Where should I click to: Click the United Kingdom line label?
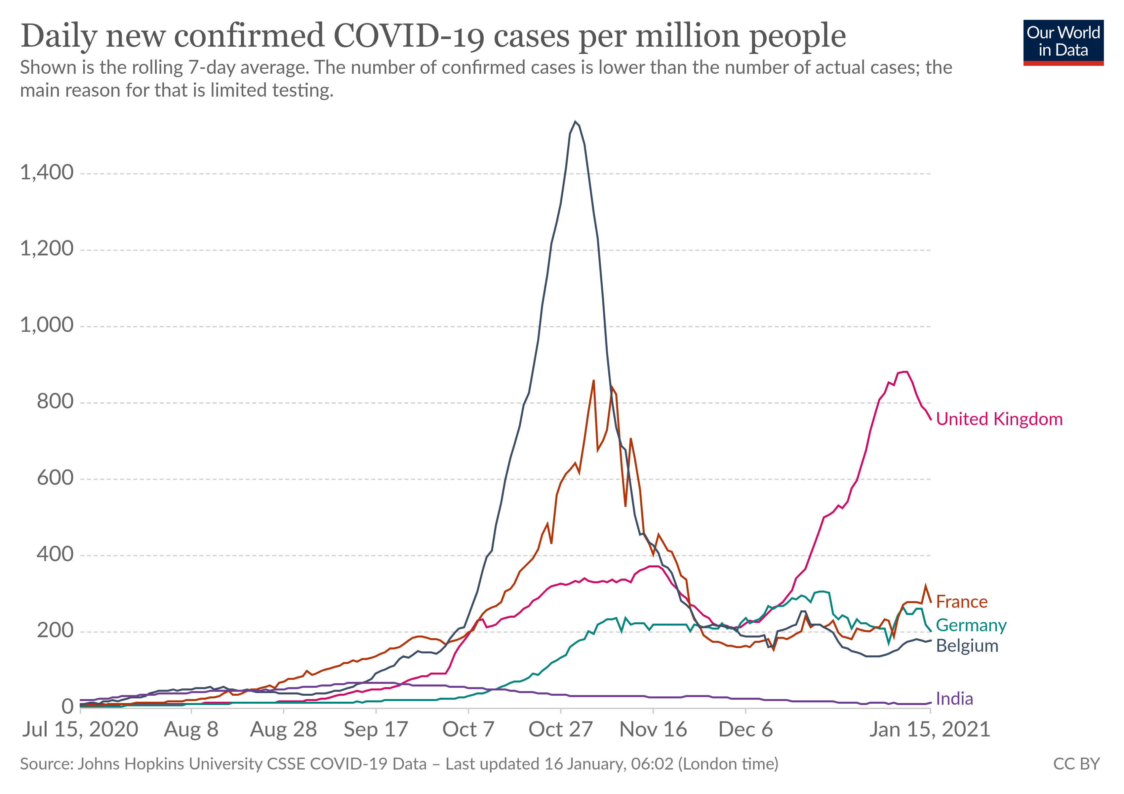tap(999, 419)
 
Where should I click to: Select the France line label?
tap(961, 601)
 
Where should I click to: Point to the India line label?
tap(954, 698)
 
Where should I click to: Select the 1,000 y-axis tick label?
tap(47, 325)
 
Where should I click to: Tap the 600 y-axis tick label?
tap(55, 478)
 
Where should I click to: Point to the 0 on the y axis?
tap(67, 706)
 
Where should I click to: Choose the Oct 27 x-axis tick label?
tap(561, 729)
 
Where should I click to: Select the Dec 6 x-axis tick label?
tap(745, 729)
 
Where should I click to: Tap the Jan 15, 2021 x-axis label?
tap(929, 729)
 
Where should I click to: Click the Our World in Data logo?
tap(1063, 42)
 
